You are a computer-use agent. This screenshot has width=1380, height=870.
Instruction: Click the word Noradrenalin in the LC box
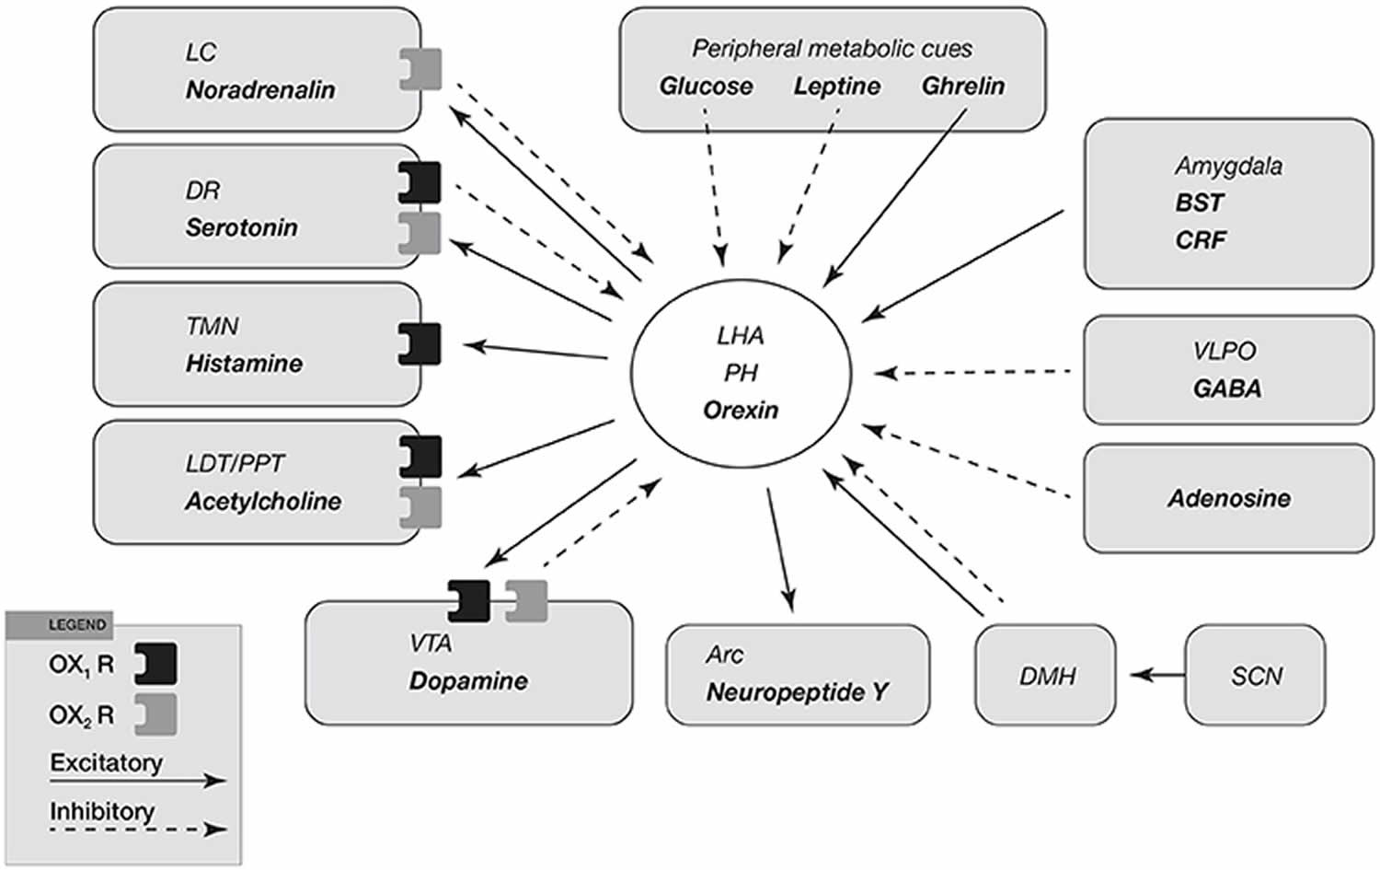coord(260,90)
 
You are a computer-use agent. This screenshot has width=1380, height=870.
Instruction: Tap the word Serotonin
coord(241,227)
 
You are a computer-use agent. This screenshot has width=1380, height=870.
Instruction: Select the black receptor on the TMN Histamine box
coord(420,344)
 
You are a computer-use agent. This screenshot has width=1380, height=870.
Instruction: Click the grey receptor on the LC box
coord(420,70)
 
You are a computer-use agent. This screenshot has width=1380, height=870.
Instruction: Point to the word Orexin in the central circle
coord(741,410)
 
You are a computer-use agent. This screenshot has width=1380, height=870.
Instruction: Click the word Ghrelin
coord(963,86)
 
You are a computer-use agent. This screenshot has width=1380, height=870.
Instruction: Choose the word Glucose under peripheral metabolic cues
coord(706,86)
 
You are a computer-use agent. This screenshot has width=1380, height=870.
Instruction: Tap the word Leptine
coord(836,86)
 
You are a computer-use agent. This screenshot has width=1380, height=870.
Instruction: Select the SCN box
coord(1255,675)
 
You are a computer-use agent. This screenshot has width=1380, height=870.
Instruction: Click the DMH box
coord(1045,675)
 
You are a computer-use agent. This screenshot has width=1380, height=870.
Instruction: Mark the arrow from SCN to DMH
coord(1157,675)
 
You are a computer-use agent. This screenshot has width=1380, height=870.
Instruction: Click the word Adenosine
coord(1229,498)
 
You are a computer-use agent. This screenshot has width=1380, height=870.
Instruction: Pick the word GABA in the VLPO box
coord(1227,389)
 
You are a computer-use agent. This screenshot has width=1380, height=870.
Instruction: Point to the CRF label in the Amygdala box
coord(1200,240)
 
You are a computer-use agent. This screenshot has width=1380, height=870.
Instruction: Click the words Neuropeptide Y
coord(798,691)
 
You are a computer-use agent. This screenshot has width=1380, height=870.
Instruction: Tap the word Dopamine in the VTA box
coord(469,680)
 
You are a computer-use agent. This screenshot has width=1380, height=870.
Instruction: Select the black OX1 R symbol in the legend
coord(155,664)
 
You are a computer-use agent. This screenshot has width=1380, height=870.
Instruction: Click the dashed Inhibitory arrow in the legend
coord(139,829)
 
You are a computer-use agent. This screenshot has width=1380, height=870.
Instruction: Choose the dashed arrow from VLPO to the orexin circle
coord(972,373)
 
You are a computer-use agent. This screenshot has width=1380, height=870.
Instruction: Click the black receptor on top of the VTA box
coord(469,600)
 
